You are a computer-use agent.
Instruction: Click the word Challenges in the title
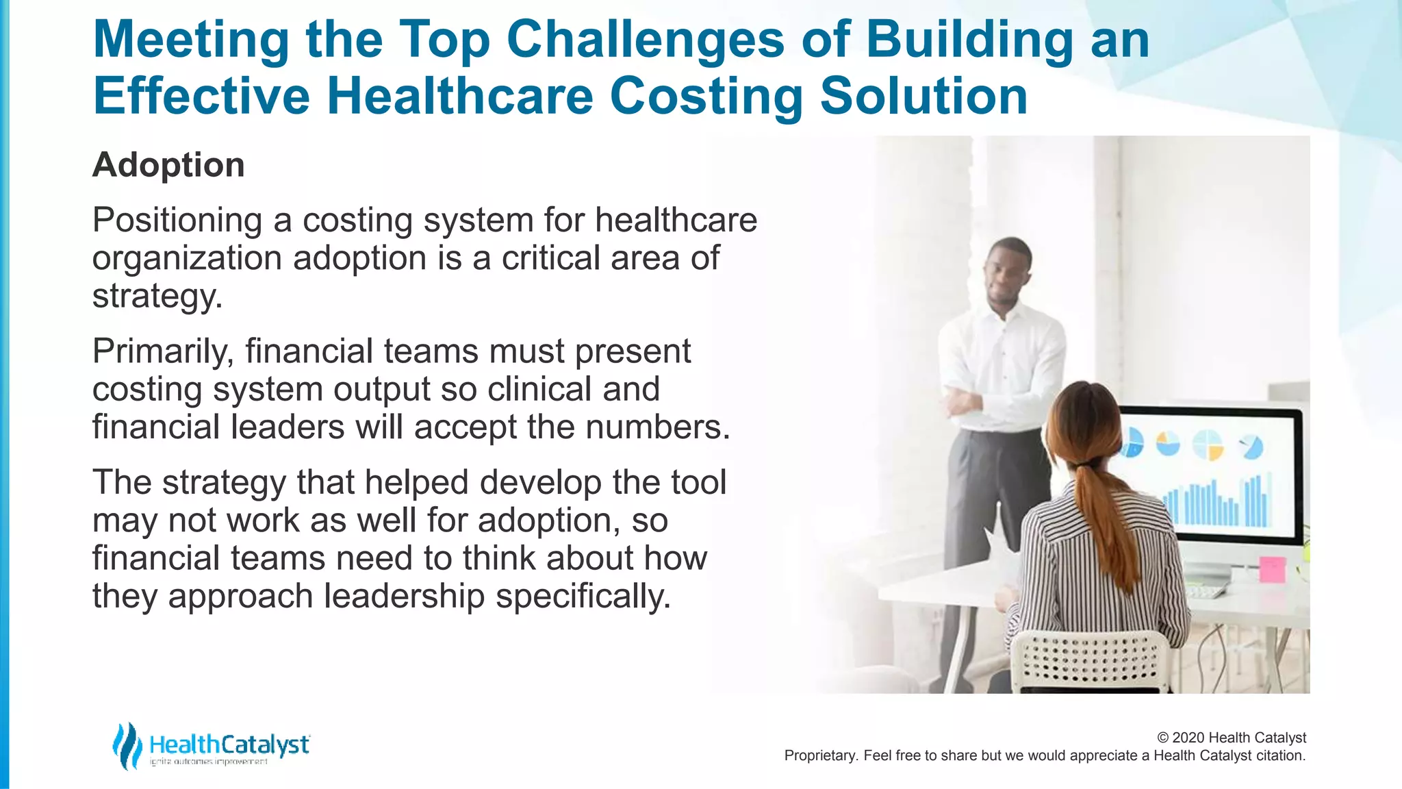point(645,40)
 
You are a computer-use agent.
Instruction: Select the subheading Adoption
point(168,165)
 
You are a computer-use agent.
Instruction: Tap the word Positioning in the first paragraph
point(177,221)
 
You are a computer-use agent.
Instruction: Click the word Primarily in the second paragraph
point(163,351)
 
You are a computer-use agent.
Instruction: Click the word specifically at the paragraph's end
point(582,596)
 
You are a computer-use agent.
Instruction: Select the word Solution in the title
point(923,97)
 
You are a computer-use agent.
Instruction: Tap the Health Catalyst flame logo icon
point(127,745)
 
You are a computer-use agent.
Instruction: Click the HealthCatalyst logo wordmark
point(229,744)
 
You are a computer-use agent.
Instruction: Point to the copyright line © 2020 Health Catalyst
point(1231,738)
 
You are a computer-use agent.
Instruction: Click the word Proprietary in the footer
point(819,755)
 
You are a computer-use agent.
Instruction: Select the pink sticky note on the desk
point(1272,569)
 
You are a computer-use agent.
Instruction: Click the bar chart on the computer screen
point(1219,503)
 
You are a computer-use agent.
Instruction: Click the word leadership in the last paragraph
point(404,596)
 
